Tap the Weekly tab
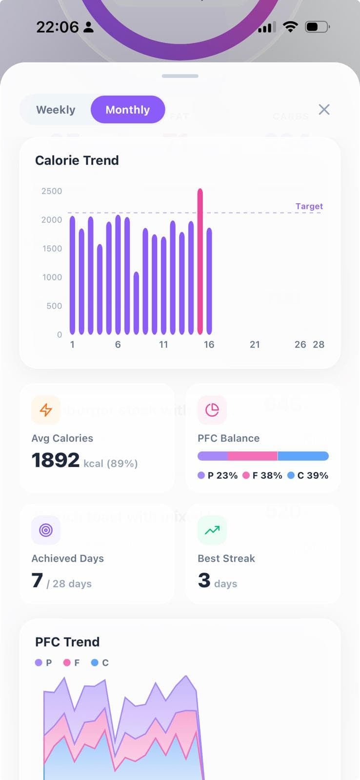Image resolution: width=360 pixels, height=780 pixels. pyautogui.click(x=56, y=110)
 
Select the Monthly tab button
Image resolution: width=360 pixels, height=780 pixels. pyautogui.click(x=127, y=110)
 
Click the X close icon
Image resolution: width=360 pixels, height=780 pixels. pyautogui.click(x=324, y=110)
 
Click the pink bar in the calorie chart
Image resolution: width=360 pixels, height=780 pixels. pyautogui.click(x=200, y=261)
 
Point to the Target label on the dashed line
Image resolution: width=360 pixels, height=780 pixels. pyautogui.click(x=309, y=206)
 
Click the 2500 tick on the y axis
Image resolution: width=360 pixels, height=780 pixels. pyautogui.click(x=52, y=191)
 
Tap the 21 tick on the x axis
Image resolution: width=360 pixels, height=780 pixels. pyautogui.click(x=255, y=345)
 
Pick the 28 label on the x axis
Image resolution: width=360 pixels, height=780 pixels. pyautogui.click(x=319, y=345)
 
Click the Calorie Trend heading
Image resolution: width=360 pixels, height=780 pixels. pyautogui.click(x=77, y=160)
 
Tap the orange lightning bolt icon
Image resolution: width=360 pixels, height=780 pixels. pyautogui.click(x=46, y=410)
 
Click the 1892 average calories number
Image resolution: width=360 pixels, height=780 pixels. pyautogui.click(x=56, y=460)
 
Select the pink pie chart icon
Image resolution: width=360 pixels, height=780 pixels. pyautogui.click(x=212, y=410)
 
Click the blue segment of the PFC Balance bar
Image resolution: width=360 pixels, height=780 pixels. pyautogui.click(x=303, y=456)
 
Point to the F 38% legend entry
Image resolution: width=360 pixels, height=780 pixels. pyautogui.click(x=262, y=475)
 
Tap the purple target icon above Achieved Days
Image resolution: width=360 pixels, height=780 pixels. pyautogui.click(x=46, y=530)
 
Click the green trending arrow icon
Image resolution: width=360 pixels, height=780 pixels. pyautogui.click(x=212, y=530)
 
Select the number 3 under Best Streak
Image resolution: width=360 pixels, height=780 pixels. pyautogui.click(x=204, y=580)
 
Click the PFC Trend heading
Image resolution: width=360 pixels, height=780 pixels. pyautogui.click(x=67, y=642)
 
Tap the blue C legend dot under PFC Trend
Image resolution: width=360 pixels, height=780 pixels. pyautogui.click(x=95, y=663)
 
